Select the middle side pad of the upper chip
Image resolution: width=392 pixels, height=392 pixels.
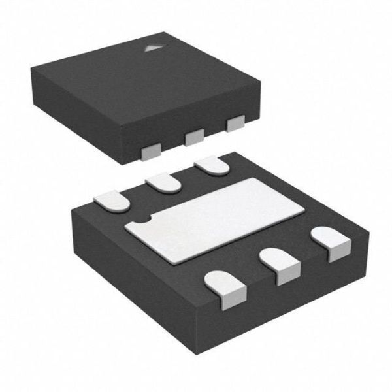pos(193,137)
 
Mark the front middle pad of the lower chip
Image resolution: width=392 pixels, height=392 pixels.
pos(280,265)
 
